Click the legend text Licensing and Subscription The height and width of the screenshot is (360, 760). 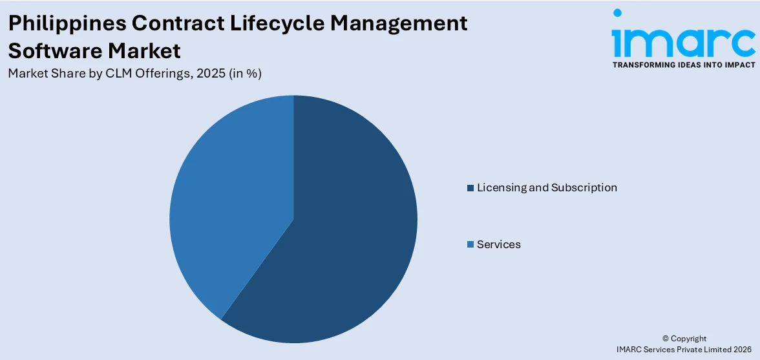(547, 187)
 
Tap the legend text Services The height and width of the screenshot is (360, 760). (498, 244)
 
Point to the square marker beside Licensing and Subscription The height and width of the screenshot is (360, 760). (470, 188)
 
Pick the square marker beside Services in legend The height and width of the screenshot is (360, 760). (470, 245)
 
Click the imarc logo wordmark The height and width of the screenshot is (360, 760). (684, 41)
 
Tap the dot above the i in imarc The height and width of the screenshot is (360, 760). (617, 13)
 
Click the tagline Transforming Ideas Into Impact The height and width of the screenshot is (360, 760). (684, 65)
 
